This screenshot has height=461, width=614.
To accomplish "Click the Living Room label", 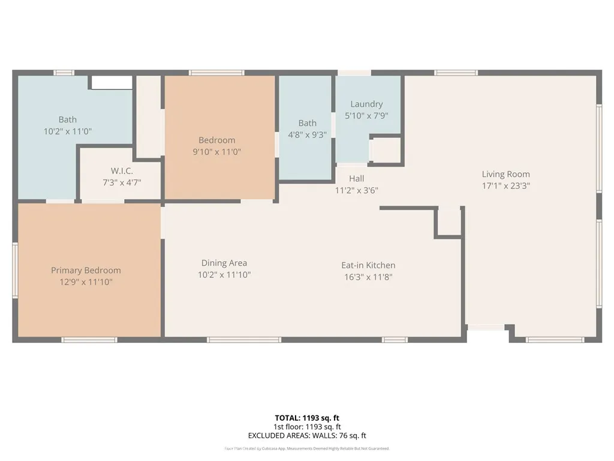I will pyautogui.click(x=505, y=174).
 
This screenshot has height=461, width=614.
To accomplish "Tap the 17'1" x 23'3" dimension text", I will pyautogui.click(x=505, y=185).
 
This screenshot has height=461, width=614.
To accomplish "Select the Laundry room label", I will pyautogui.click(x=366, y=104).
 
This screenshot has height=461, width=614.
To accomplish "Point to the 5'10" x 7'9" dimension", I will pyautogui.click(x=366, y=115).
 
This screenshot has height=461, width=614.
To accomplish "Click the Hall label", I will pyautogui.click(x=356, y=178).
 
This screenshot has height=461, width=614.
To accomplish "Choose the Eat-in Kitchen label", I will pyautogui.click(x=368, y=265).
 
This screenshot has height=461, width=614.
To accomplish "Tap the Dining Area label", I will pyautogui.click(x=224, y=263).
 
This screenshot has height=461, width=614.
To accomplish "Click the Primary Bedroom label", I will pyautogui.click(x=86, y=270).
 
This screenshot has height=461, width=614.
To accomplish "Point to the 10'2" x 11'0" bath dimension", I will pyautogui.click(x=67, y=131).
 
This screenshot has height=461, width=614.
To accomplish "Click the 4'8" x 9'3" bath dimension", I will pyautogui.click(x=307, y=135).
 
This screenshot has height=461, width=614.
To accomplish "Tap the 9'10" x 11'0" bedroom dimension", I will pyautogui.click(x=216, y=152).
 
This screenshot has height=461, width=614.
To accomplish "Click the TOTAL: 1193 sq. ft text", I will pyautogui.click(x=307, y=418).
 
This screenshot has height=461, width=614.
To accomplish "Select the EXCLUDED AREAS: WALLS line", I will pyautogui.click(x=307, y=436).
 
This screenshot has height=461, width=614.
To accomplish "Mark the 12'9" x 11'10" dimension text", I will pyautogui.click(x=86, y=282).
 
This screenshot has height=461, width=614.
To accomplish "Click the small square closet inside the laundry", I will pyautogui.click(x=386, y=151).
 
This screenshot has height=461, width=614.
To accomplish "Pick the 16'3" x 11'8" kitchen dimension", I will pyautogui.click(x=368, y=277).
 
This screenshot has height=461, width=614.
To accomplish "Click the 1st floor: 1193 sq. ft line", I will pyautogui.click(x=307, y=427).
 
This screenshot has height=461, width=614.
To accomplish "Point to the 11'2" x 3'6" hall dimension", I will pyautogui.click(x=356, y=190).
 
